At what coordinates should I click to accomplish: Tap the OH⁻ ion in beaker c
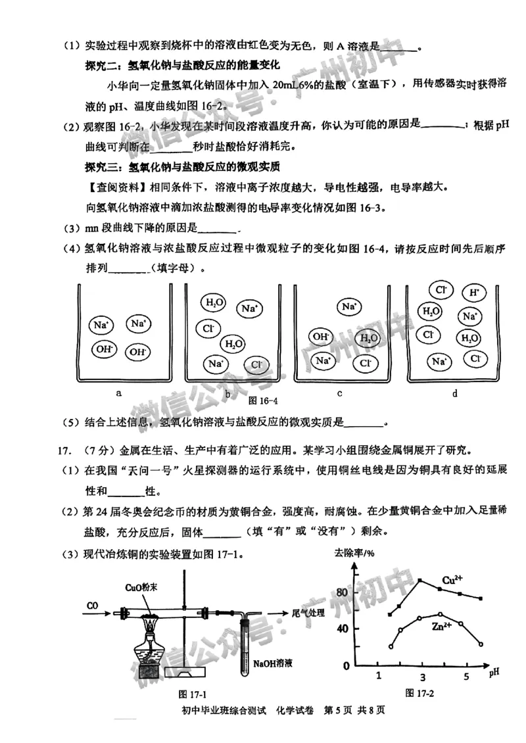pyautogui.click(x=320, y=337)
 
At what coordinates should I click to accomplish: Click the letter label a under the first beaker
pyautogui.click(x=119, y=393)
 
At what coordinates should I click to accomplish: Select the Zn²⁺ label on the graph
pyautogui.click(x=442, y=627)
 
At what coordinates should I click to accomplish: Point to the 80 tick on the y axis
pyautogui.click(x=341, y=592)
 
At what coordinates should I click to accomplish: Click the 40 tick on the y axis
pyautogui.click(x=341, y=628)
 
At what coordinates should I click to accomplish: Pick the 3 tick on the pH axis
pyautogui.click(x=422, y=678)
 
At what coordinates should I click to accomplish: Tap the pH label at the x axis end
pyautogui.click(x=494, y=672)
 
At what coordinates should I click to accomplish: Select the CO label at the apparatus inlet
pyautogui.click(x=93, y=604)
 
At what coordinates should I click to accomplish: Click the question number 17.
pyautogui.click(x=64, y=450)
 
